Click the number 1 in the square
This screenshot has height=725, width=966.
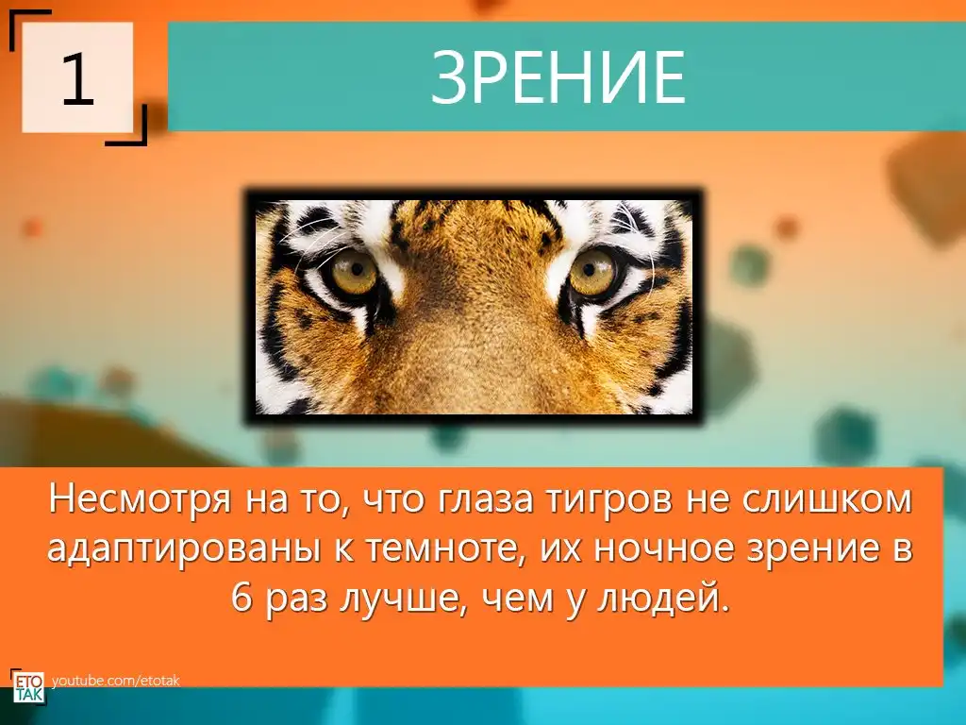click(x=77, y=78)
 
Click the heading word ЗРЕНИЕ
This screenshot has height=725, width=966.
click(x=558, y=78)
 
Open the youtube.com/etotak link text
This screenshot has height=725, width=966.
click(x=116, y=681)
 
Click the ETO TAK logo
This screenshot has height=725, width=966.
click(x=28, y=688)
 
